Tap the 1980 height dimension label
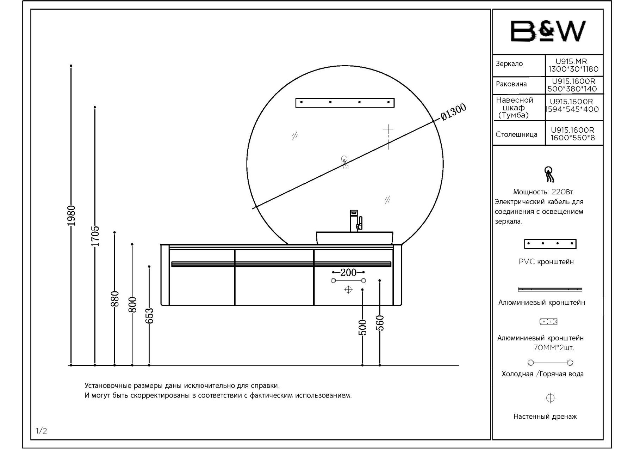(x=71, y=215)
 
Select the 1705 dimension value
(x=95, y=236)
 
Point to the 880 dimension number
(x=115, y=299)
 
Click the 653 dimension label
(x=149, y=316)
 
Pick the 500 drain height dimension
(x=362, y=327)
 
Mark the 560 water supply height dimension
(x=380, y=323)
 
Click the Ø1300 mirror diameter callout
(x=453, y=112)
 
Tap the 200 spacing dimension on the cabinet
(x=348, y=272)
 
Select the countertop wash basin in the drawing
(x=354, y=238)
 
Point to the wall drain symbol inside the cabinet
(x=348, y=290)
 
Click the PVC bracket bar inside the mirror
(x=345, y=102)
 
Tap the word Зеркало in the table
(x=509, y=64)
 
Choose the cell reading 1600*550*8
(x=573, y=138)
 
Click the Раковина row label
(x=511, y=84)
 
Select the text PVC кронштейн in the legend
(x=546, y=262)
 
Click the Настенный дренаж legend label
(x=545, y=417)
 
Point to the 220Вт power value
(x=563, y=192)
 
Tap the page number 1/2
(x=41, y=431)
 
